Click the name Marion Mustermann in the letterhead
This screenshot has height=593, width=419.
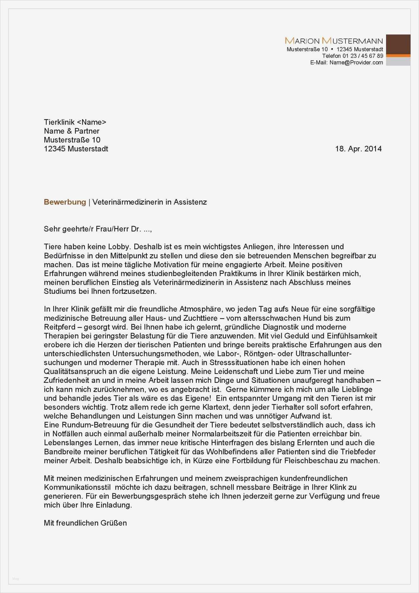click(x=334, y=41)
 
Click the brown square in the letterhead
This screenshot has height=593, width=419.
click(x=398, y=44)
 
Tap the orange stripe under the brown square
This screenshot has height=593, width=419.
click(x=398, y=55)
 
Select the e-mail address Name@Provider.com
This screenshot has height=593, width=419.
click(x=356, y=62)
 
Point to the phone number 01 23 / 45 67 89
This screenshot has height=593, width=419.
click(x=363, y=56)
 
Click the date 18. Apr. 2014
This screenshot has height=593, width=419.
click(x=358, y=149)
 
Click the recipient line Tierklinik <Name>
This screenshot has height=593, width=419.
click(x=75, y=122)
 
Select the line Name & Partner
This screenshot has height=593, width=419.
click(x=72, y=131)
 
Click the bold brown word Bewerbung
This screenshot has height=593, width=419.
click(x=65, y=202)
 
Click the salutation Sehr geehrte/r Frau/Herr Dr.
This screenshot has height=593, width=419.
click(x=92, y=229)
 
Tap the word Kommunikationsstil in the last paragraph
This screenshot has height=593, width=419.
click(x=77, y=487)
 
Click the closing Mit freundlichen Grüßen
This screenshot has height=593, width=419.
click(x=85, y=523)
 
